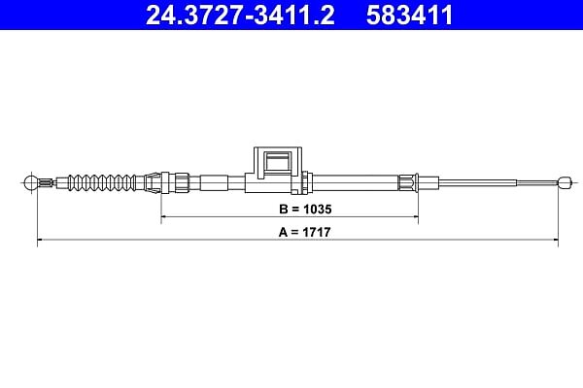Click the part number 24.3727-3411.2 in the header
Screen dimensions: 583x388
[x=240, y=15]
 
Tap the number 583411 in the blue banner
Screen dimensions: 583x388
[x=409, y=15]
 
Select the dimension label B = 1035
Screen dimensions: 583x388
[x=305, y=210]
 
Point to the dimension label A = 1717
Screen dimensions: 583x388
[x=304, y=233]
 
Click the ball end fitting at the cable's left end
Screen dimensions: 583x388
[x=30, y=182]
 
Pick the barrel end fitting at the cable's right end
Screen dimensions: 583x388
[x=566, y=182]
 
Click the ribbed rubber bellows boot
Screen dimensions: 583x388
[x=101, y=182]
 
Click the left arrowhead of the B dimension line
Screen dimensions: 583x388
[x=163, y=216]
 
